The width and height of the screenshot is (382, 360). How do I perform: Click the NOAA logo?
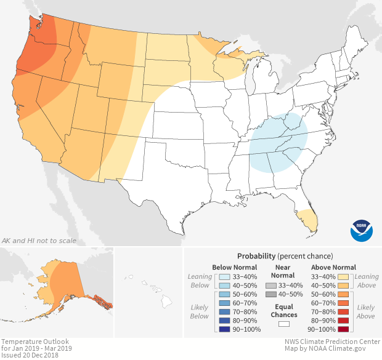click(361, 230)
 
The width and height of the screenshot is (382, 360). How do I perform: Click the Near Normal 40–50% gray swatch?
click(271, 295)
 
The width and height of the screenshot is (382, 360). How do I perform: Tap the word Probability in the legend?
click(256, 255)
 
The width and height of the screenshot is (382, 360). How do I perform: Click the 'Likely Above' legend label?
click(365, 311)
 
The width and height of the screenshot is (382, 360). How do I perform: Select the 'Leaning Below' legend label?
click(200, 281)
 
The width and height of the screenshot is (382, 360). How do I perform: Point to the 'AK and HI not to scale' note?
click(40, 242)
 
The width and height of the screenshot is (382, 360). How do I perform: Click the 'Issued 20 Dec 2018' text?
click(30, 355)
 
